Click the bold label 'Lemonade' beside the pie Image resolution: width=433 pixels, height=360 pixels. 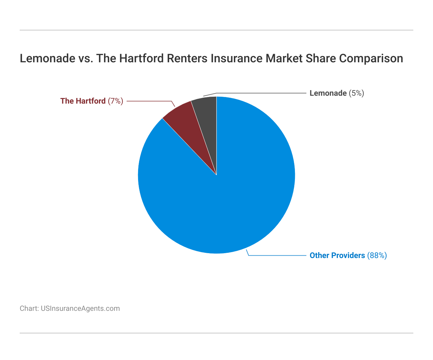pyautogui.click(x=328, y=93)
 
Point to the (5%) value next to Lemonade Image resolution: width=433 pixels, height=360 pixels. pyautogui.click(x=356, y=93)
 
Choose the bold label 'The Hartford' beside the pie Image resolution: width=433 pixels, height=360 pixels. pyautogui.click(x=83, y=101)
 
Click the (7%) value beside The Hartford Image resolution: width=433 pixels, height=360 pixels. pyautogui.click(x=115, y=101)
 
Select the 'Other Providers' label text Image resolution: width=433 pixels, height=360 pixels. pyautogui.click(x=337, y=255)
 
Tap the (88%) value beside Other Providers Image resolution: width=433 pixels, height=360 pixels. pyautogui.click(x=377, y=255)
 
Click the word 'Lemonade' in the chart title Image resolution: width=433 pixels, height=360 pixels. pyautogui.click(x=48, y=58)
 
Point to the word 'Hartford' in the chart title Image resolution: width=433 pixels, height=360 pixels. pyautogui.click(x=141, y=58)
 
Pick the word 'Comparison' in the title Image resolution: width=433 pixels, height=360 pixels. pyautogui.click(x=371, y=59)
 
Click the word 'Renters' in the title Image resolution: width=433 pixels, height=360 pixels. pyautogui.click(x=187, y=58)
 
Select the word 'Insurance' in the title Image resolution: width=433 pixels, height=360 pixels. pyautogui.click(x=237, y=58)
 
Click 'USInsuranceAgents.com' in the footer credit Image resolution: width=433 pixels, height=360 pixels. pyautogui.click(x=80, y=309)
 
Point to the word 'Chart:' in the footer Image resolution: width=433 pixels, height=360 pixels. pyautogui.click(x=29, y=309)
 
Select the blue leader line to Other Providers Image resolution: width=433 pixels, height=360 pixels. pyautogui.click(x=276, y=255)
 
